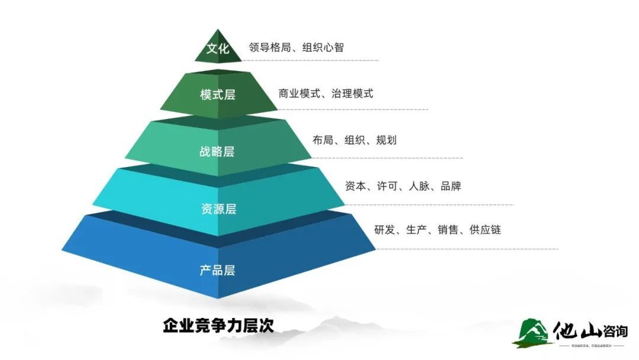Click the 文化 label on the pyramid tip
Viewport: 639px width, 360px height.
(x=218, y=49)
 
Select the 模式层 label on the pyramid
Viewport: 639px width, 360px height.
(x=218, y=95)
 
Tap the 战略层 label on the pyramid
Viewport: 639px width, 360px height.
(x=217, y=152)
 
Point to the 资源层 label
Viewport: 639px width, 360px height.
(x=218, y=209)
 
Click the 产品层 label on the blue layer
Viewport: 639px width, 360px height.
(x=217, y=271)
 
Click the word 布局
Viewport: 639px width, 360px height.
(x=323, y=140)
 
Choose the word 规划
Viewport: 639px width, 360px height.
(x=386, y=140)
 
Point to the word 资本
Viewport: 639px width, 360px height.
(x=356, y=186)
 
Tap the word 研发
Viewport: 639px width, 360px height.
(x=385, y=229)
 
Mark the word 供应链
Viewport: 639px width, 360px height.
(x=485, y=229)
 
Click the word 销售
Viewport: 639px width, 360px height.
(x=448, y=229)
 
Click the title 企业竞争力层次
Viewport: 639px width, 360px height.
(x=218, y=325)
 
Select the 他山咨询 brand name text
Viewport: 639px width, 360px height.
(x=591, y=330)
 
